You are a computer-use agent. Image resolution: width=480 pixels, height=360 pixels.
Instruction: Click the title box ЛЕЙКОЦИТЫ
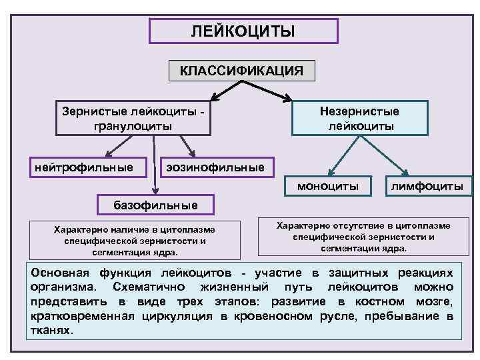[243, 31]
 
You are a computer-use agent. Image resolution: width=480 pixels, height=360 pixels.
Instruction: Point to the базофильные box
[157, 204]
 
